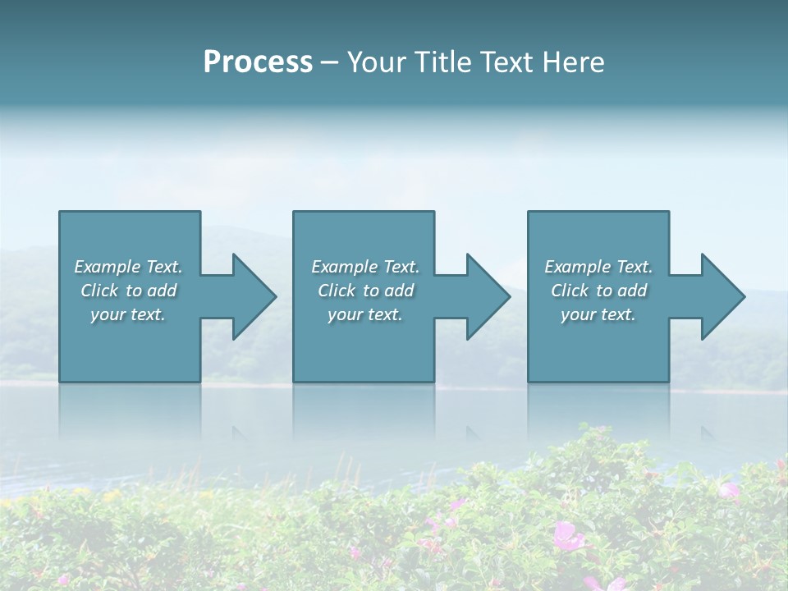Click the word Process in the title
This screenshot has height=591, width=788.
tap(258, 62)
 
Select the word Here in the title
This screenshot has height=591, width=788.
tap(573, 62)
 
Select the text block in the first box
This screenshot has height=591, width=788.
tap(129, 291)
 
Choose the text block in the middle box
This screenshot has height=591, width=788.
tap(365, 291)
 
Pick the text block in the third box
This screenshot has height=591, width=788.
tap(598, 291)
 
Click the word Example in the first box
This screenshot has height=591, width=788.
tap(106, 267)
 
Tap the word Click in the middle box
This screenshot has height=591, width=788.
tap(337, 291)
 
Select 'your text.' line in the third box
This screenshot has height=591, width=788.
tap(598, 314)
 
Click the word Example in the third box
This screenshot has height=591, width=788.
tap(577, 267)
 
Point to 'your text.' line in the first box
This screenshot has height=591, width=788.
tap(128, 314)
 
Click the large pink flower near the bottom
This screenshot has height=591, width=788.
tap(566, 536)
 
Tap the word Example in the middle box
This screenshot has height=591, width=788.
tap(343, 267)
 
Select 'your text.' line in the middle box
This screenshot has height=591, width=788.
tap(365, 314)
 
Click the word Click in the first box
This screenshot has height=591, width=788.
tap(100, 291)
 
